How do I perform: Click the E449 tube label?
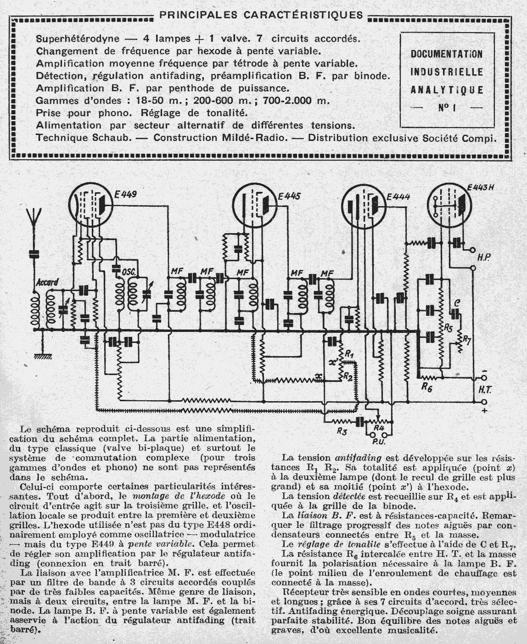click(x=125, y=195)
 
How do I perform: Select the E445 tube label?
click(x=289, y=196)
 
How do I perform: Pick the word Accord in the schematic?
click(x=47, y=282)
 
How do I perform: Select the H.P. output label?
click(x=482, y=258)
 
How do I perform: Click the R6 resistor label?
click(x=427, y=386)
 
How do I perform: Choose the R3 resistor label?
click(x=341, y=431)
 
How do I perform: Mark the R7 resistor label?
click(x=466, y=339)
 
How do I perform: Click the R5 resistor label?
click(x=448, y=329)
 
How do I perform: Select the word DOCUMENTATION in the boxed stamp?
click(x=446, y=54)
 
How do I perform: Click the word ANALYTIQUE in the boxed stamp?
click(x=446, y=90)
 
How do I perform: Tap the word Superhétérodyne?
click(x=78, y=39)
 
